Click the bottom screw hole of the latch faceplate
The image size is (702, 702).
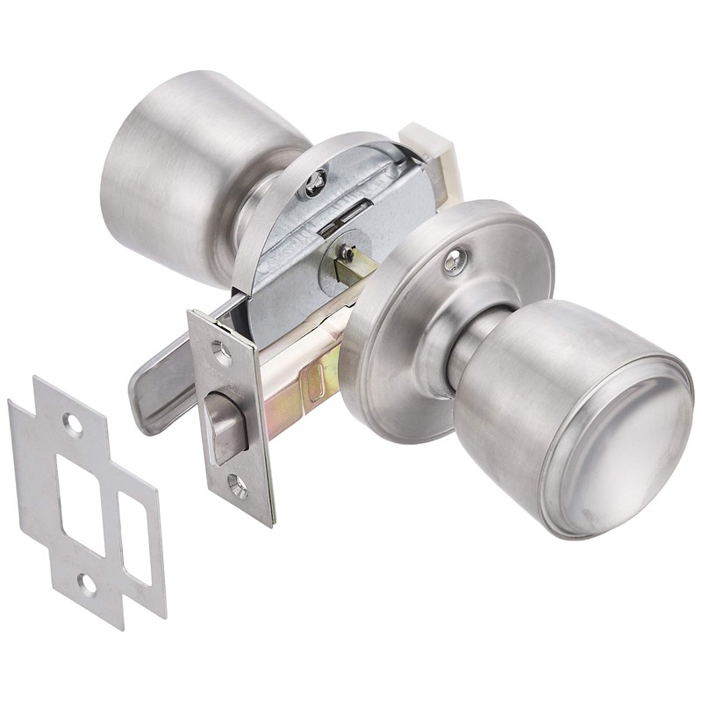coord(238,481)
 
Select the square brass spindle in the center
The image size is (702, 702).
coord(352,264)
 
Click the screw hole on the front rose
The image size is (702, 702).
coord(455,261)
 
